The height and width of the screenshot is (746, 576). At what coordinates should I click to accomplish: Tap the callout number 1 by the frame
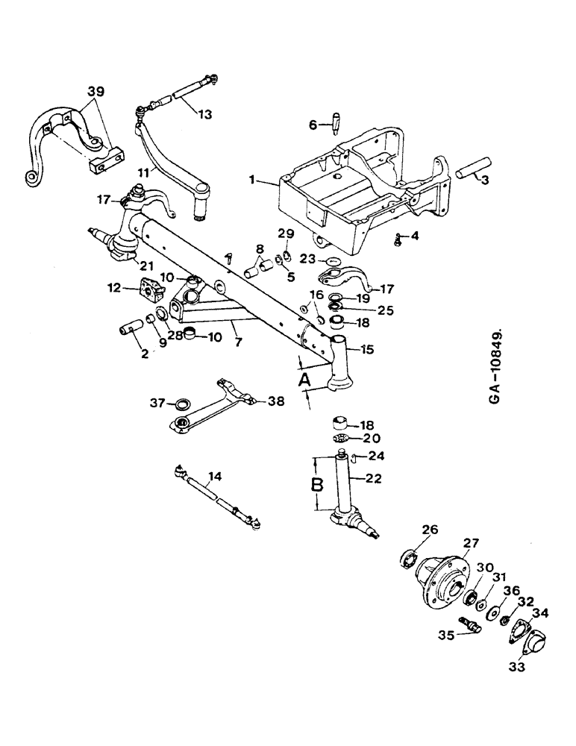(254, 180)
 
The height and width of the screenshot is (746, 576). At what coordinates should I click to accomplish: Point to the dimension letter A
(304, 382)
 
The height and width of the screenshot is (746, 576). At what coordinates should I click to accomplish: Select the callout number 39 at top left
(94, 92)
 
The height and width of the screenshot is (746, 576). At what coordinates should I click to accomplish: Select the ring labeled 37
(180, 404)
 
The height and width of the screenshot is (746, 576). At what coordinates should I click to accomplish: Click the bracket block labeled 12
(149, 289)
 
